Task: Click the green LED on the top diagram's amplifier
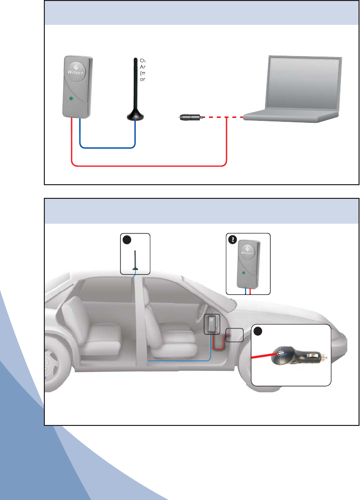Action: point(72,99)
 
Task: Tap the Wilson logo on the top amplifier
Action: point(77,73)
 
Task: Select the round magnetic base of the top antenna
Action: point(135,115)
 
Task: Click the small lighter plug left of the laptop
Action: point(189,117)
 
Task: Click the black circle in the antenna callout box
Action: point(127,240)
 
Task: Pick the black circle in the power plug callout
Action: point(258,331)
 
